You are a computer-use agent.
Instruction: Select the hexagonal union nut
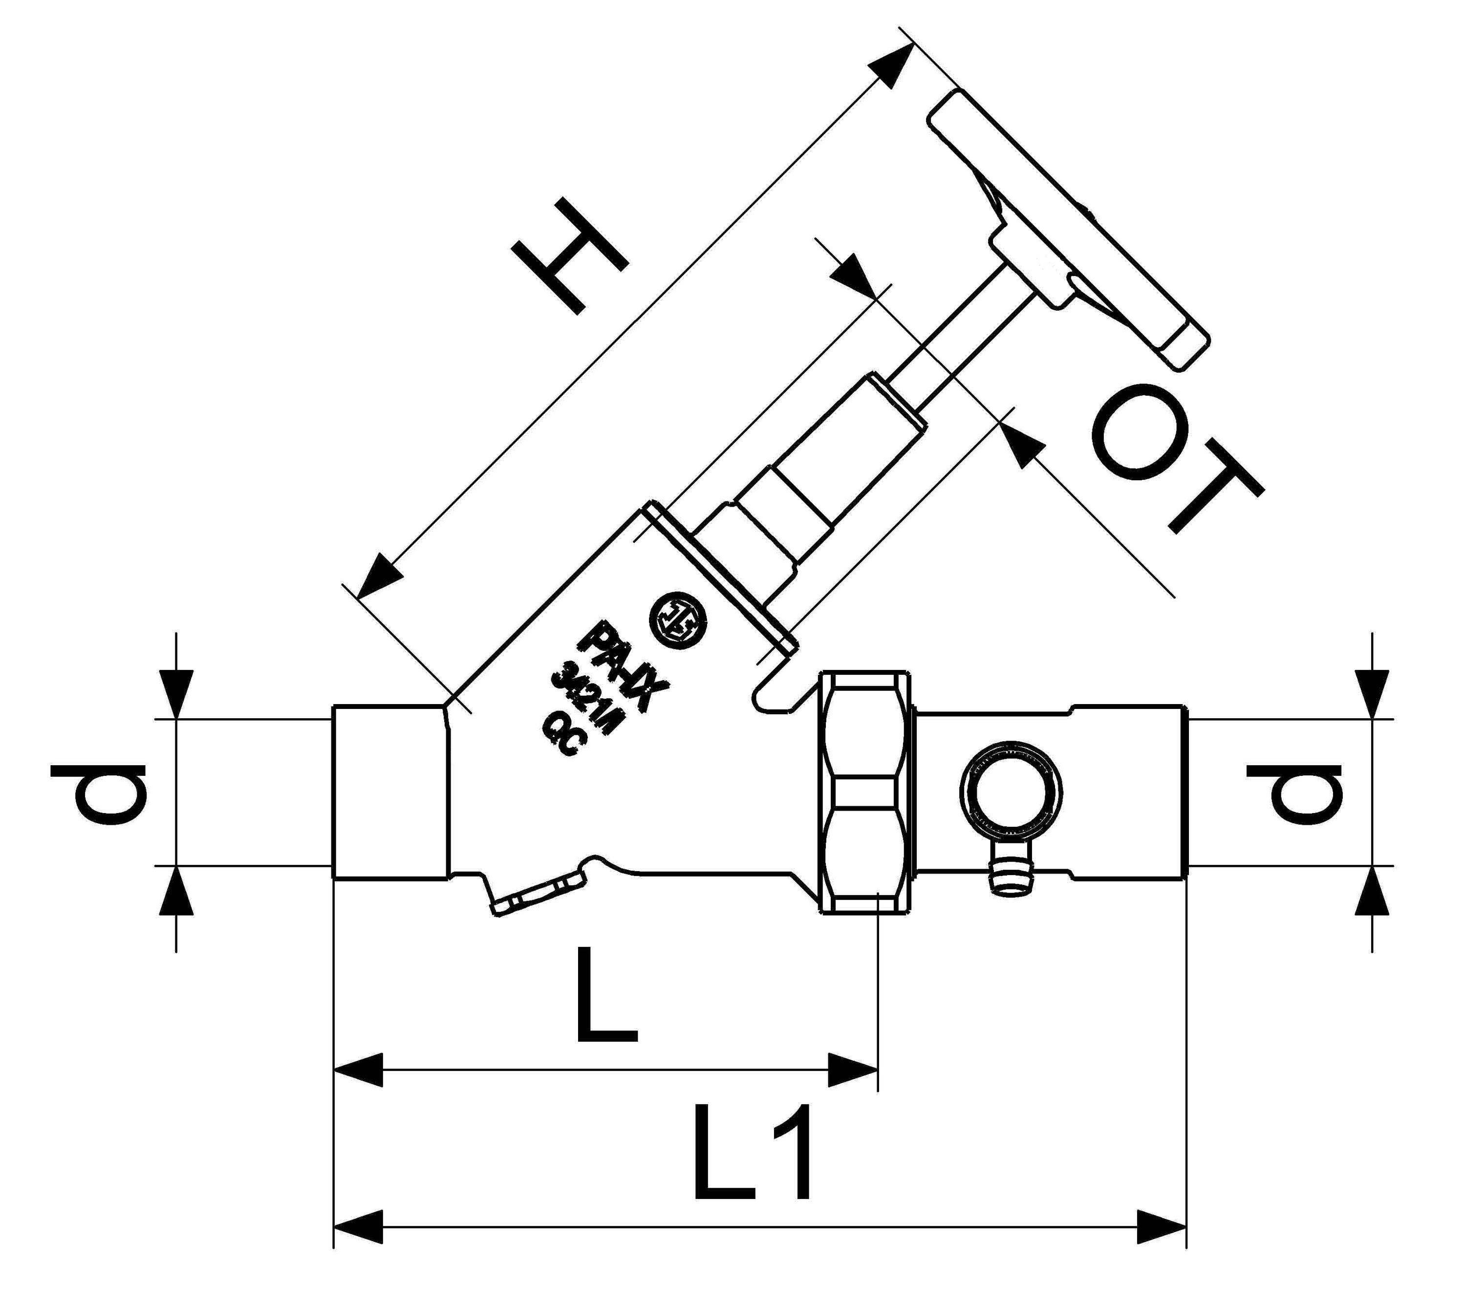click(x=866, y=792)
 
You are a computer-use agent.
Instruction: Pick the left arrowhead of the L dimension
click(x=359, y=1071)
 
